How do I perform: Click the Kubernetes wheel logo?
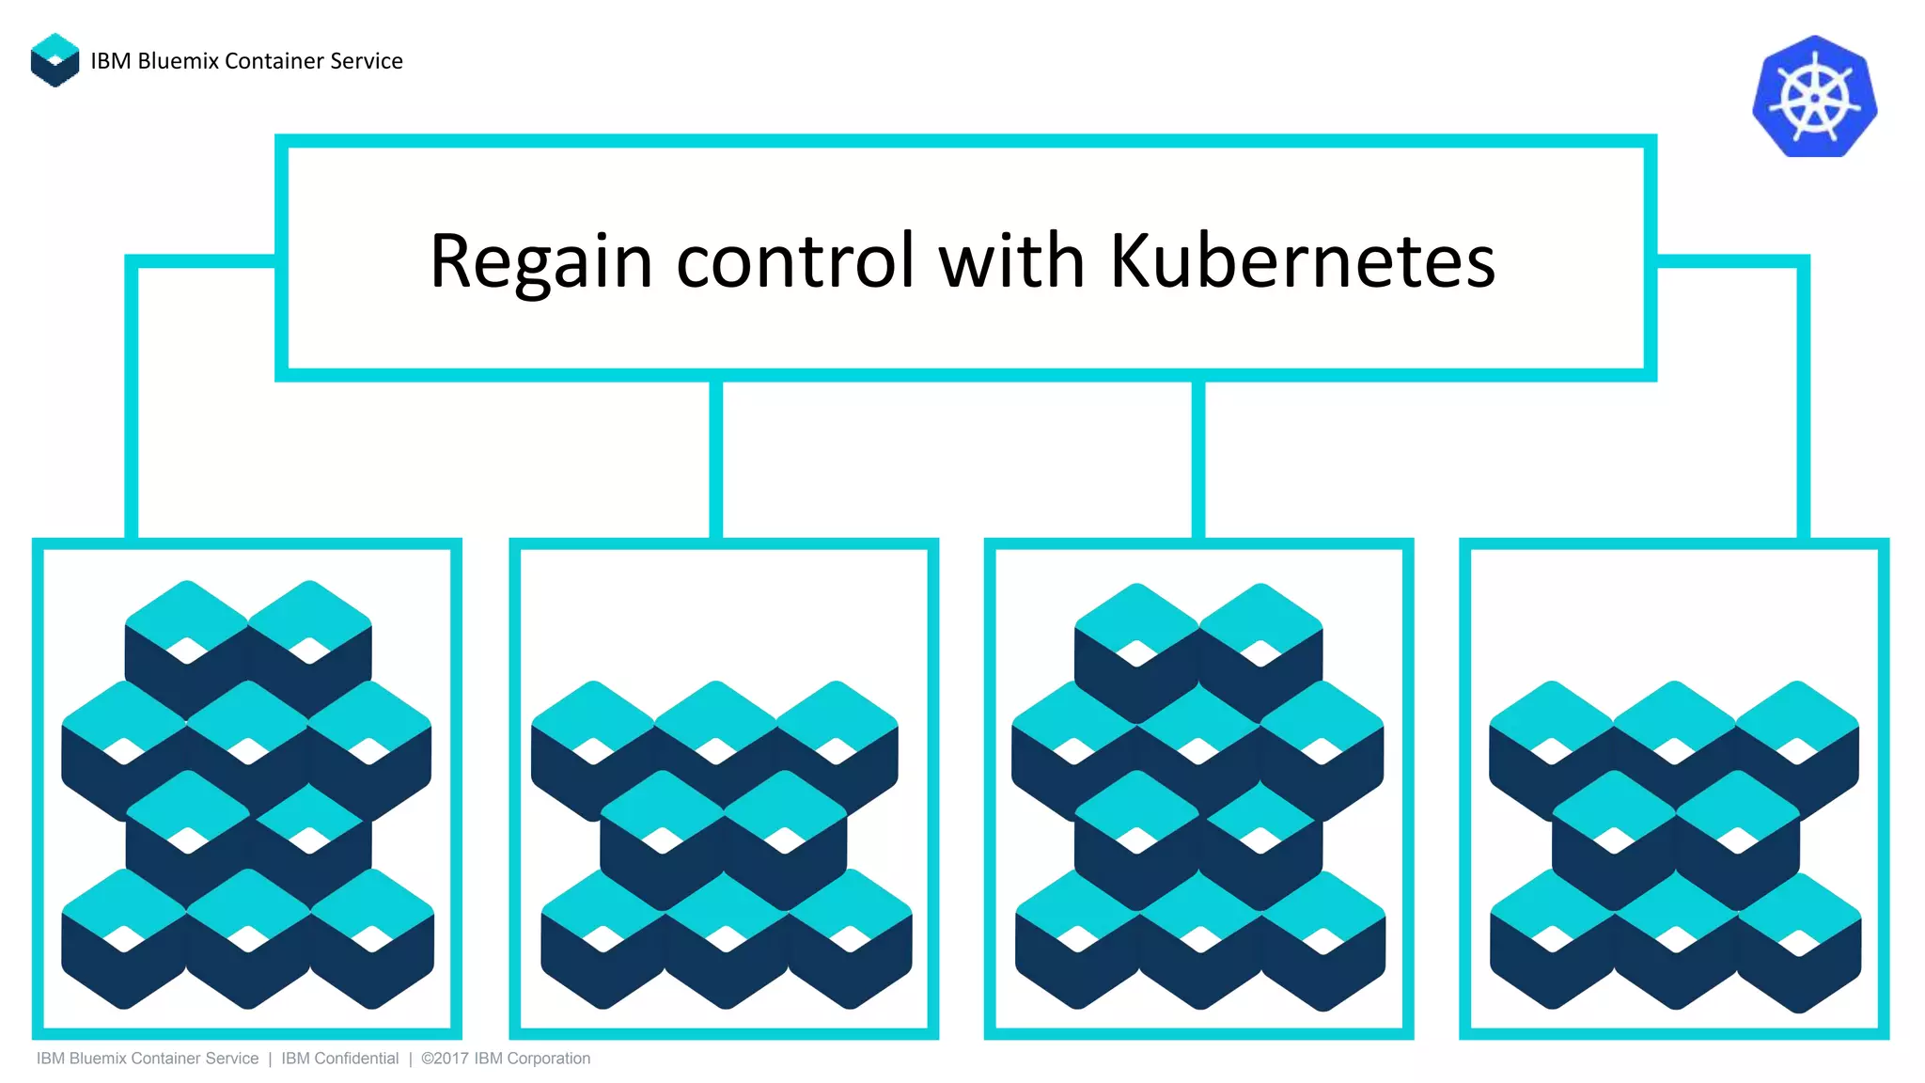pyautogui.click(x=1814, y=97)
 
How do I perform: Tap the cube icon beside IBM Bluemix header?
pyautogui.click(x=55, y=60)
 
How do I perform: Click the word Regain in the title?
pyautogui.click(x=540, y=261)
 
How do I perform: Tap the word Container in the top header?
pyautogui.click(x=274, y=61)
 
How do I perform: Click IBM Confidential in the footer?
pyautogui.click(x=339, y=1059)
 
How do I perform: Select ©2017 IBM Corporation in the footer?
pyautogui.click(x=506, y=1059)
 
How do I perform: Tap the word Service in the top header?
pyautogui.click(x=366, y=61)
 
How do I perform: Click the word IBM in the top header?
pyautogui.click(x=110, y=61)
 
